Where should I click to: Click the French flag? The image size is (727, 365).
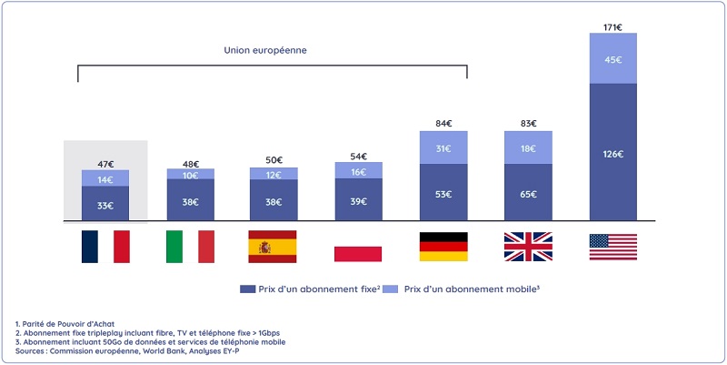(105, 247)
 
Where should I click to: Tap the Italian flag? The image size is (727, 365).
(190, 247)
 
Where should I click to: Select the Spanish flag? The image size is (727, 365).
(274, 247)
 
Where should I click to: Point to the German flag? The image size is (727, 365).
(443, 247)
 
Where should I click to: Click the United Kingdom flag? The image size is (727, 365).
(528, 247)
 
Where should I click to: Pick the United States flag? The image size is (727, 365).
(612, 247)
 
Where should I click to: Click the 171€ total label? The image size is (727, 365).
(612, 27)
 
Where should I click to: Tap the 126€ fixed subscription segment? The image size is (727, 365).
(612, 153)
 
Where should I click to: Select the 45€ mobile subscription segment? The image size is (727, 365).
(612, 60)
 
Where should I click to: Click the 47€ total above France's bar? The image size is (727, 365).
(105, 164)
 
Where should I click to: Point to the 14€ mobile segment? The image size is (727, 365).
(105, 179)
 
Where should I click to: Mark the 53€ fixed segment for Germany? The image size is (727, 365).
(443, 193)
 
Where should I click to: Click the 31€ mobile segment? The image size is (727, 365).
(443, 148)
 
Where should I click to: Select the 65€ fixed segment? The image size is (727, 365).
(528, 194)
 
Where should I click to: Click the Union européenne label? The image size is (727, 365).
(265, 50)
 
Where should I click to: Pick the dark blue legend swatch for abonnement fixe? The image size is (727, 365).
(247, 289)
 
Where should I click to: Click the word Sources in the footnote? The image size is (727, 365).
(34, 350)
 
